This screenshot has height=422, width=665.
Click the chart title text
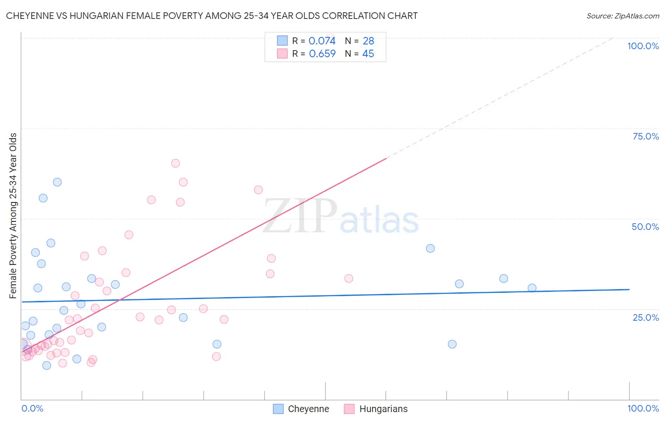click(211, 16)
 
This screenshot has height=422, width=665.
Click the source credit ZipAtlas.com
click(622, 16)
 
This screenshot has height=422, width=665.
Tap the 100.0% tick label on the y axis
click(643, 46)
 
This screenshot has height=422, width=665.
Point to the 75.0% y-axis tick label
click(646, 136)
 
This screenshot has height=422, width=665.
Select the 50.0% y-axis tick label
click(645, 227)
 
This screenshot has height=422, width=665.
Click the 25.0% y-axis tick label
click(646, 317)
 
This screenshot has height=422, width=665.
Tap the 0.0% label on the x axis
click(32, 408)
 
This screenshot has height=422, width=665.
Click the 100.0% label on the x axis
click(643, 408)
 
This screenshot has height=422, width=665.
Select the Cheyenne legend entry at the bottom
click(301, 409)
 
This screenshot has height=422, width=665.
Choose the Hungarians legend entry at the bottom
click(376, 409)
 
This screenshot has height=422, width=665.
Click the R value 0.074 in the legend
click(322, 41)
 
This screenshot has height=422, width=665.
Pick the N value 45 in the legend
click(368, 54)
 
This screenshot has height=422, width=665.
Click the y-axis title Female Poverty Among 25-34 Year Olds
click(13, 216)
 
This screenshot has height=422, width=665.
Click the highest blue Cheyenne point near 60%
click(57, 182)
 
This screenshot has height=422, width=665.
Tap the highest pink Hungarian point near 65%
click(175, 163)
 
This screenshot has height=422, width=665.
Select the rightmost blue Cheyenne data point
click(532, 288)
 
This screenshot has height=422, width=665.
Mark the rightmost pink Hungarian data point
click(349, 279)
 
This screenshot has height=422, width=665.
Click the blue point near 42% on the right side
click(430, 248)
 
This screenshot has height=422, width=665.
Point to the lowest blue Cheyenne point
click(46, 366)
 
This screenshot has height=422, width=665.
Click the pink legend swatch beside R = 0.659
click(282, 54)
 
